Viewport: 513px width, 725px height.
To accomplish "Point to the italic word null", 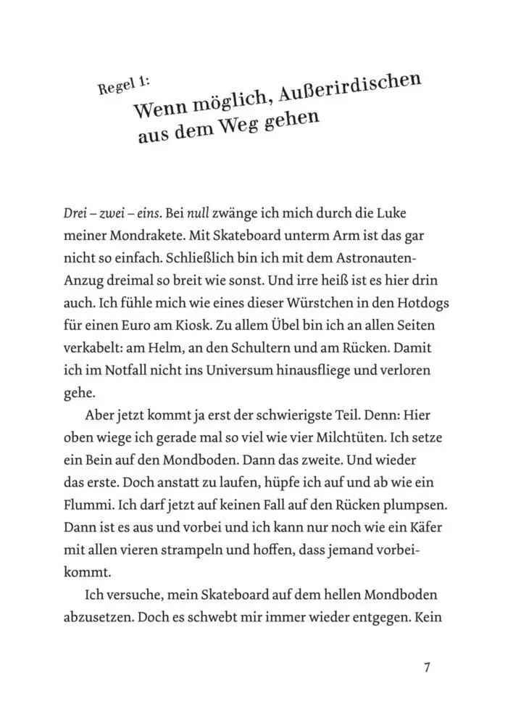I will coord(200,214).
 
